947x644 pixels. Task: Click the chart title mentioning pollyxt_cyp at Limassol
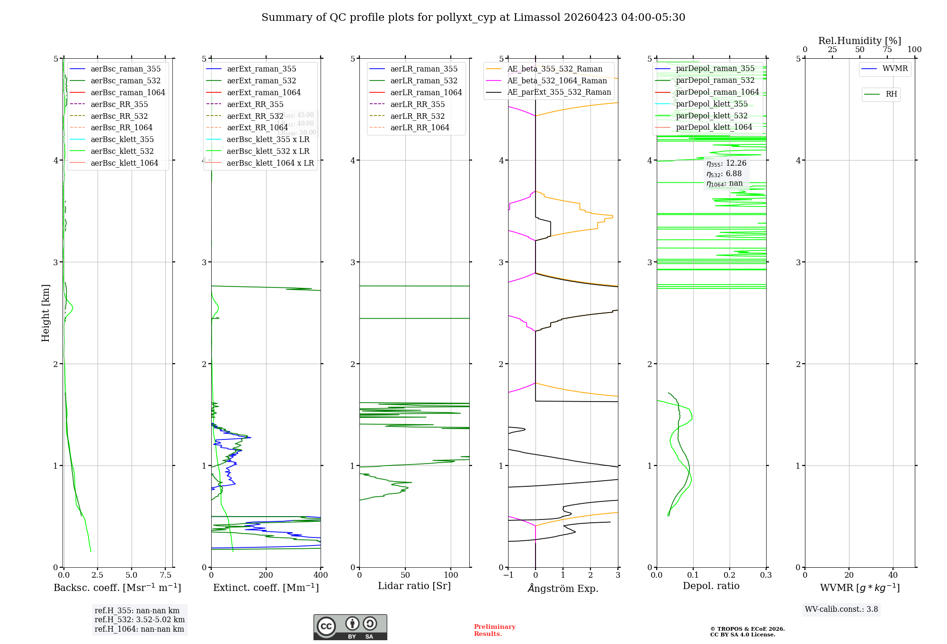click(x=473, y=18)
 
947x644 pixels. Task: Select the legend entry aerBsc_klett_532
click(x=122, y=152)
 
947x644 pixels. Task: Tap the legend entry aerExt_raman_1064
click(x=263, y=93)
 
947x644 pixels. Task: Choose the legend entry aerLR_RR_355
click(x=417, y=105)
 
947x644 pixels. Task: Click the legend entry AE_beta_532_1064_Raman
click(x=556, y=81)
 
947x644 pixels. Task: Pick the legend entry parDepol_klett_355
click(x=711, y=104)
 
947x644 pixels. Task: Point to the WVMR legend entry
click(x=894, y=69)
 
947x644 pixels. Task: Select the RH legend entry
click(x=891, y=95)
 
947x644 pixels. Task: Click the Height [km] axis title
click(x=45, y=313)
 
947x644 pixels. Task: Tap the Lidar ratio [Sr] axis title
click(x=414, y=586)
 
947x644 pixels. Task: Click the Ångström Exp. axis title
click(x=563, y=589)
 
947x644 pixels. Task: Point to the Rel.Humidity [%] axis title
click(x=859, y=41)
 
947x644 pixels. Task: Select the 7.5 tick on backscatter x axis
click(x=165, y=575)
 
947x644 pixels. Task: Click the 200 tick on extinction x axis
click(x=266, y=575)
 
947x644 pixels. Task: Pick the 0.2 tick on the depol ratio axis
click(x=730, y=575)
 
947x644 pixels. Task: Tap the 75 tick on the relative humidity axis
click(x=887, y=50)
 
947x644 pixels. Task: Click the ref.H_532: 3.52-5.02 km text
click(x=139, y=620)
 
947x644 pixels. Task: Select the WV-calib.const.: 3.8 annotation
click(x=841, y=609)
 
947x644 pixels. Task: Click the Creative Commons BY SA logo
click(x=350, y=627)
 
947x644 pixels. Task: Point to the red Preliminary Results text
click(x=494, y=630)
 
